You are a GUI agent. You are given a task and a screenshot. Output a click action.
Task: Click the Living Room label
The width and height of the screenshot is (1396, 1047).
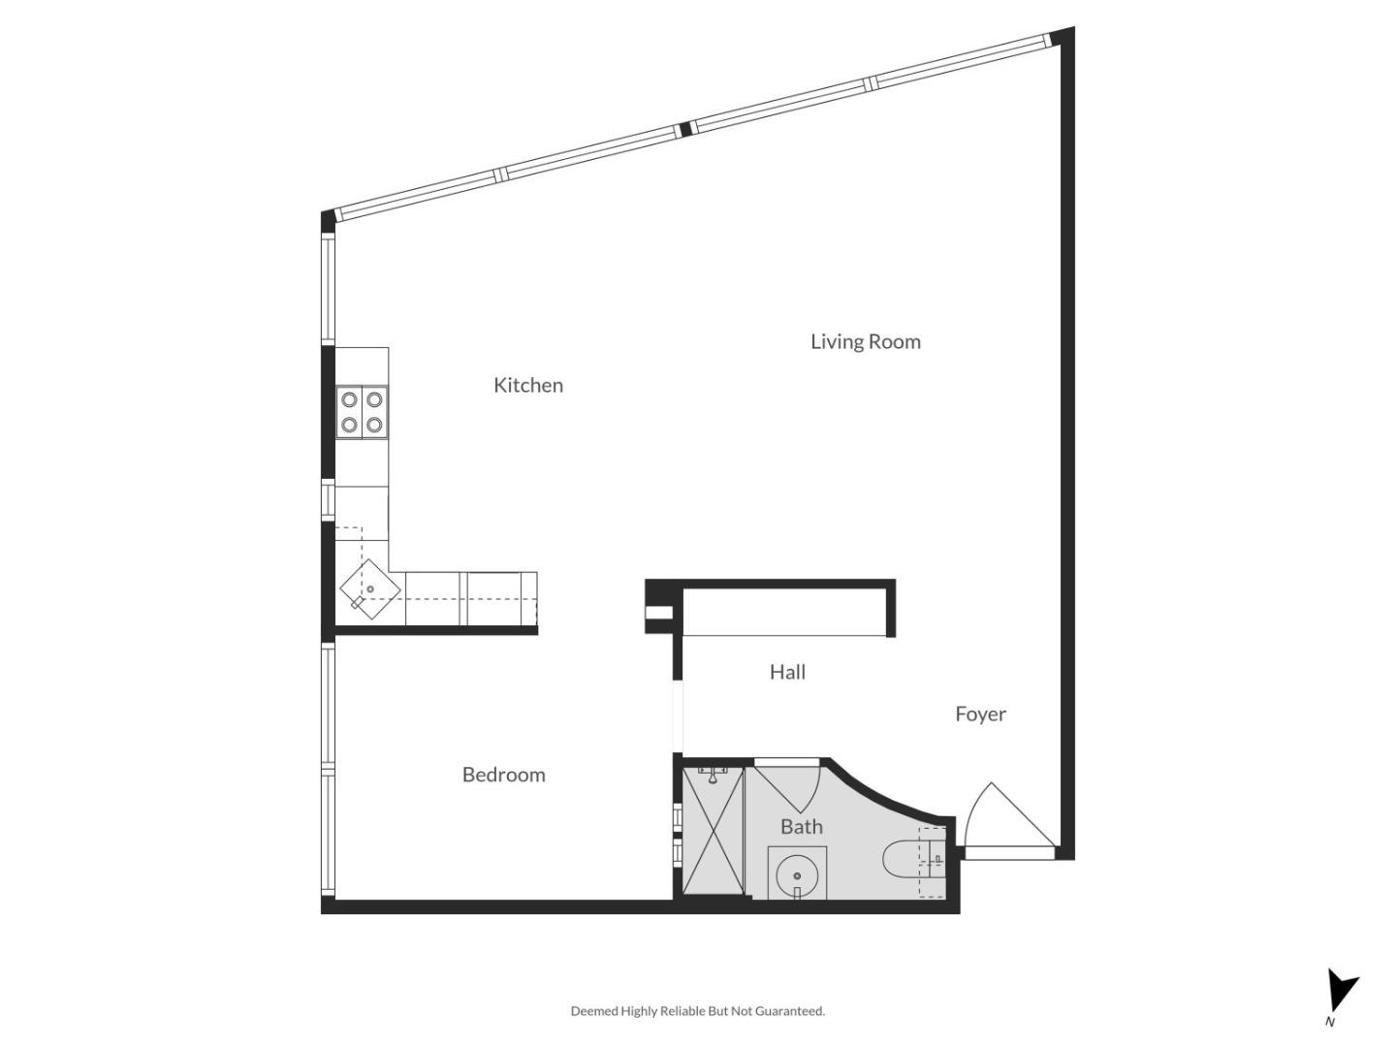pos(865,341)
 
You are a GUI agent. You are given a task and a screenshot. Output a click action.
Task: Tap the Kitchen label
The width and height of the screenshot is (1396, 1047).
pos(527,385)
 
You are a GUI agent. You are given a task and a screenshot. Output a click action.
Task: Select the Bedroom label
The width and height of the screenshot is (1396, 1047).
pos(503,775)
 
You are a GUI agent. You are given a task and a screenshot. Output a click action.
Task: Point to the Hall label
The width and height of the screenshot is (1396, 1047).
pos(787,672)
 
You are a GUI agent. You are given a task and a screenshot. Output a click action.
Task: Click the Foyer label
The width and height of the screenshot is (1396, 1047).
pos(980,714)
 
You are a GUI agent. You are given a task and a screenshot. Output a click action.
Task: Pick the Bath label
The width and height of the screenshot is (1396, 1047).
pos(802,827)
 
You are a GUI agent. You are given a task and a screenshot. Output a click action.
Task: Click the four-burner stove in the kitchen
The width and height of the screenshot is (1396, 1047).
pos(362,412)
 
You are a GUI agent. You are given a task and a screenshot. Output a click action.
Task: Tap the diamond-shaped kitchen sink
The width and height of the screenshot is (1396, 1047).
pos(369,589)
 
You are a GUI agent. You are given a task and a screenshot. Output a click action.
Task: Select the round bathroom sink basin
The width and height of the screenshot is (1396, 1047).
pos(798,875)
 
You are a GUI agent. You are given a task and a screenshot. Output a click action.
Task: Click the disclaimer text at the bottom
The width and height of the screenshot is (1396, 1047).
pos(697,1011)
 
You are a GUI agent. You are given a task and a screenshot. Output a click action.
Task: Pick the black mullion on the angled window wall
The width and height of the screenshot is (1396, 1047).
pos(685,128)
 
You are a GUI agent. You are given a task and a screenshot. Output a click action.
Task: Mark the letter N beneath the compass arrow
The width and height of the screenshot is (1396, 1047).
pos(1330,1022)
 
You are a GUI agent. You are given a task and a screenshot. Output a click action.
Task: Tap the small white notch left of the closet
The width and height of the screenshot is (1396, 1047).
pos(657,612)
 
